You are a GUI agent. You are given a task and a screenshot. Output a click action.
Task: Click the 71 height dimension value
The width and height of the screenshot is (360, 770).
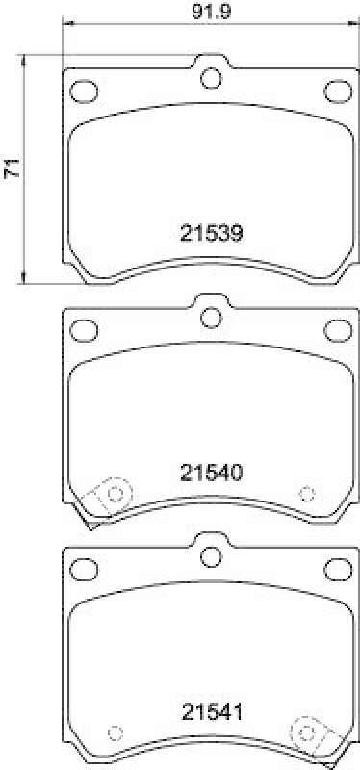point(13,170)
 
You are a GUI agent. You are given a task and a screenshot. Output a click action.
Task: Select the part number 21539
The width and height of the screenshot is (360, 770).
point(211,233)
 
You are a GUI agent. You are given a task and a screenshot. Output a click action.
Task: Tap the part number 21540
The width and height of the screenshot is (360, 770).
point(211,473)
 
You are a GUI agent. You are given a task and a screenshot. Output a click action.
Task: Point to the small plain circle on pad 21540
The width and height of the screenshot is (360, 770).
point(307,494)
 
